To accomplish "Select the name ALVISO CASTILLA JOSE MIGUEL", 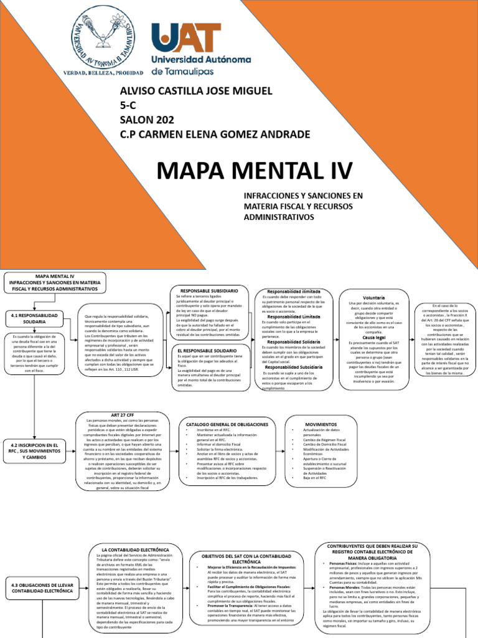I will click(x=195, y=92).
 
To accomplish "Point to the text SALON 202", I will click(x=147, y=120).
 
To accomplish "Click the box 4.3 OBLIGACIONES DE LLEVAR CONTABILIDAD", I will click(x=39, y=588).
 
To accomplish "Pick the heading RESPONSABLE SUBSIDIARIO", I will click(x=209, y=291).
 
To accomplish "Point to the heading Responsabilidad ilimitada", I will click(x=293, y=291).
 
